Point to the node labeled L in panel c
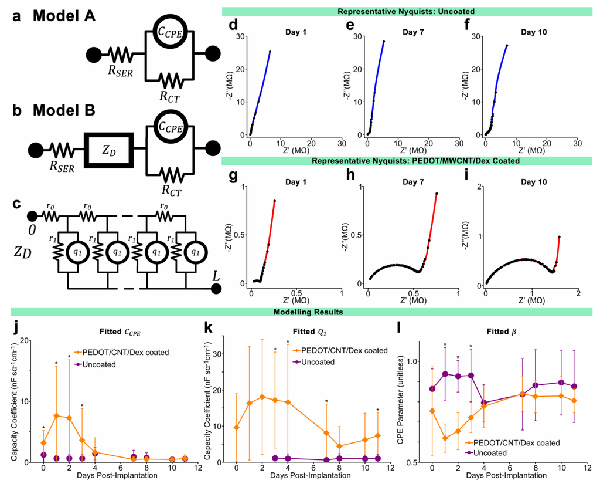pyautogui.click(x=216, y=289)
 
